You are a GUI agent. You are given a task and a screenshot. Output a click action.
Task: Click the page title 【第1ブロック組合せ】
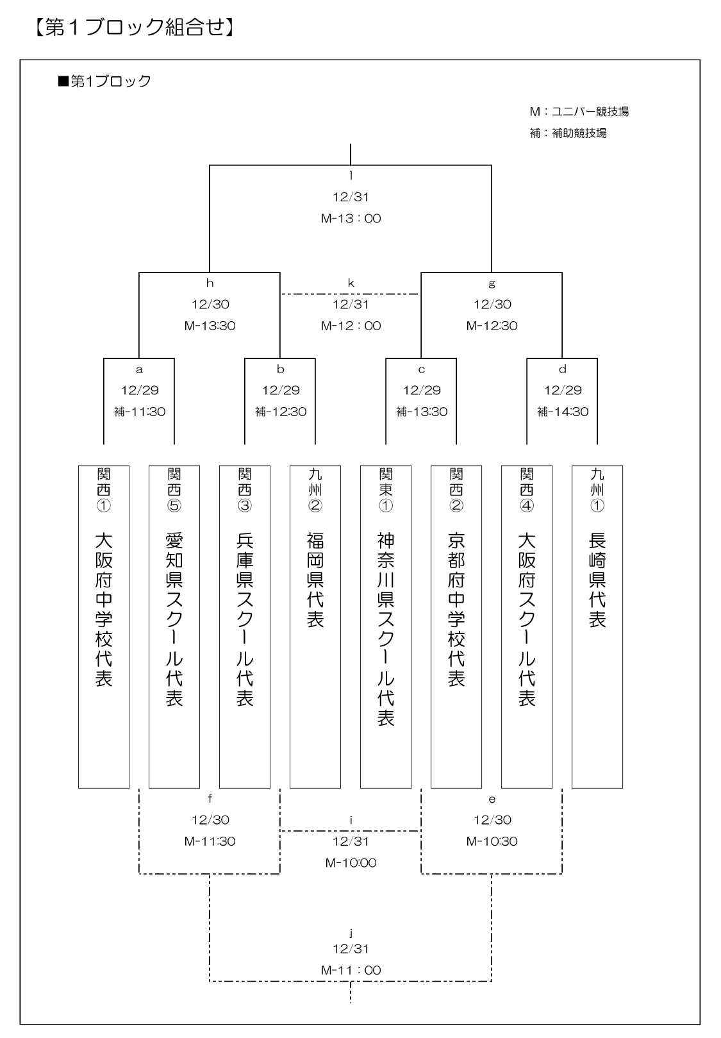tap(134, 28)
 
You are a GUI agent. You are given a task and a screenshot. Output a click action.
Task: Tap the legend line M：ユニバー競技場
tap(579, 112)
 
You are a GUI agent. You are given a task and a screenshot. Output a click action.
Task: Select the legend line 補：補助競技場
tap(568, 133)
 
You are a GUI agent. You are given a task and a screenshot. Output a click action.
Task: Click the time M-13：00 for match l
tap(351, 218)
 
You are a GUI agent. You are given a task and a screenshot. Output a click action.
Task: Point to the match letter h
tap(210, 283)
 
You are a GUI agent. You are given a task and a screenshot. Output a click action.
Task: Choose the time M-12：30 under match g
tap(492, 326)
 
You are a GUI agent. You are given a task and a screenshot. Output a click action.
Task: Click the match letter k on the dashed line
tap(351, 283)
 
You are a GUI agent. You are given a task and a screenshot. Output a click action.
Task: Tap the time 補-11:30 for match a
tap(139, 412)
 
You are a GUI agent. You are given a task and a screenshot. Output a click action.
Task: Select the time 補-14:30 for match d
tap(563, 412)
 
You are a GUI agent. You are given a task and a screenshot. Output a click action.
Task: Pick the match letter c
tap(422, 370)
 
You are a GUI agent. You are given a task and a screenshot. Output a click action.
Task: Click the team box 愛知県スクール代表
tap(174, 627)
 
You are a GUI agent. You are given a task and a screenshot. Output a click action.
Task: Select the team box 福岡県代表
tap(315, 627)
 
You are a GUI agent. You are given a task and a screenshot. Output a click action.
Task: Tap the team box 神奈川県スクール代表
tap(386, 627)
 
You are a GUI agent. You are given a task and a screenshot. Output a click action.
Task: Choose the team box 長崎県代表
tap(597, 627)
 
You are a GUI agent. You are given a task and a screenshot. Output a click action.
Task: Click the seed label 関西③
tap(245, 490)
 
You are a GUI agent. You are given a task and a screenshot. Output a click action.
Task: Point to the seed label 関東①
tap(386, 490)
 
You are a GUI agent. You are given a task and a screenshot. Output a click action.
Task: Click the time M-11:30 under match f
tap(210, 841)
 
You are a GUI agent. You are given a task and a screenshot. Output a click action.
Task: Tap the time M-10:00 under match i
tap(351, 862)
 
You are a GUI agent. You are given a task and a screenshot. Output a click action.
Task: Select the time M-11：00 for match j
tap(351, 970)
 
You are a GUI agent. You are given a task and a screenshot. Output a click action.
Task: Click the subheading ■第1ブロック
tap(104, 81)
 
